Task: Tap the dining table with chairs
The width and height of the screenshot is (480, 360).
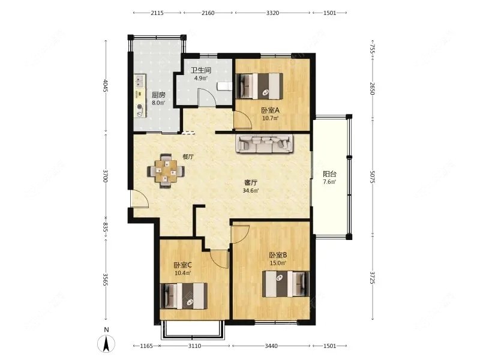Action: pyautogui.click(x=166, y=170)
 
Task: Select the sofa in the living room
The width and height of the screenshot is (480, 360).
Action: pyautogui.click(x=265, y=143)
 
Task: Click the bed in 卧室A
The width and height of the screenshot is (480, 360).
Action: pyautogui.click(x=259, y=86)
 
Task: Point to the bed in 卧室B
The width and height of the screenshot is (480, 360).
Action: pyautogui.click(x=285, y=284)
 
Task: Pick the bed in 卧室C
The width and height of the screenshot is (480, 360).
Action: pyautogui.click(x=184, y=296)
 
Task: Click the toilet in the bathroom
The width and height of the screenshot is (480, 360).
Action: pyautogui.click(x=224, y=86)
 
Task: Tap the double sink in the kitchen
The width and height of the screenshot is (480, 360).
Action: pyautogui.click(x=140, y=81)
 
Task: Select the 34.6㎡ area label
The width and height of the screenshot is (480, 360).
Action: pyautogui.click(x=251, y=190)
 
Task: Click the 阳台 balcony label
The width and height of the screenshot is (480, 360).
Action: pyautogui.click(x=329, y=174)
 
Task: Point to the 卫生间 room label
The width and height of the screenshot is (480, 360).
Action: pyautogui.click(x=201, y=70)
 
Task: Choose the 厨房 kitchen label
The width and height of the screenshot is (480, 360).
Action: pyautogui.click(x=158, y=95)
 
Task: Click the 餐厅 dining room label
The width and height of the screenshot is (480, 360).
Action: pyautogui.click(x=188, y=157)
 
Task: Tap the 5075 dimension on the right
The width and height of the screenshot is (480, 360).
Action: pyautogui.click(x=372, y=176)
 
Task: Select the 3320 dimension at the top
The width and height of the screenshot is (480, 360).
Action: pyautogui.click(x=272, y=13)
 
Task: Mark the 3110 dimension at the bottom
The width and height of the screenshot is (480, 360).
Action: pyautogui.click(x=194, y=346)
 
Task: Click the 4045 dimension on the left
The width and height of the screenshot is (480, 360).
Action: pyautogui.click(x=106, y=86)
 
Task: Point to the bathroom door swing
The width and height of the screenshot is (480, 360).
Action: pyautogui.click(x=206, y=97)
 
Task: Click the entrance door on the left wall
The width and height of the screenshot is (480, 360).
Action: pyautogui.click(x=140, y=199)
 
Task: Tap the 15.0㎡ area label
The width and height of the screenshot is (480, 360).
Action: pyautogui.click(x=278, y=263)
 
